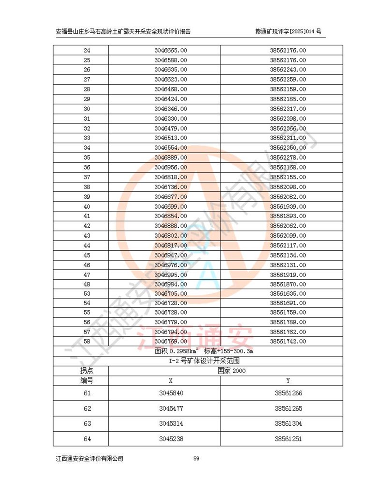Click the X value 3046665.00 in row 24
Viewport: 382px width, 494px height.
coord(171,50)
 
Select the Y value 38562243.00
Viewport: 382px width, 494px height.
coord(288,70)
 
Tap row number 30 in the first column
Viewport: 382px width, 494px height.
coord(87,109)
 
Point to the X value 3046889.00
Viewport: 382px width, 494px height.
coord(171,158)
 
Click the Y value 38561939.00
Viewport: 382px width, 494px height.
coord(288,206)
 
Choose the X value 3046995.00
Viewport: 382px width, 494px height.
coord(171,275)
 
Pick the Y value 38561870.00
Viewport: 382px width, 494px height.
coord(288,284)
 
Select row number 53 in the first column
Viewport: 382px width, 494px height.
coord(87,294)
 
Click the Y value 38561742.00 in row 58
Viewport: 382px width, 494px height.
coord(288,341)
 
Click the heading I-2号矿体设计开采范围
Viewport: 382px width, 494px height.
coord(198,361)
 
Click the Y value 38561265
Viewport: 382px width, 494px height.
coord(289,409)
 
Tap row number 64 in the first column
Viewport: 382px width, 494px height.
coord(87,439)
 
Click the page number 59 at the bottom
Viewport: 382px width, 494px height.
coord(196,459)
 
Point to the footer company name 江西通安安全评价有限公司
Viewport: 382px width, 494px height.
coord(89,459)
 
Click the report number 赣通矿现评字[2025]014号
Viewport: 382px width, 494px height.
coord(288,31)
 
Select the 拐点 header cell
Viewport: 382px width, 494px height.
coord(87,370)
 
